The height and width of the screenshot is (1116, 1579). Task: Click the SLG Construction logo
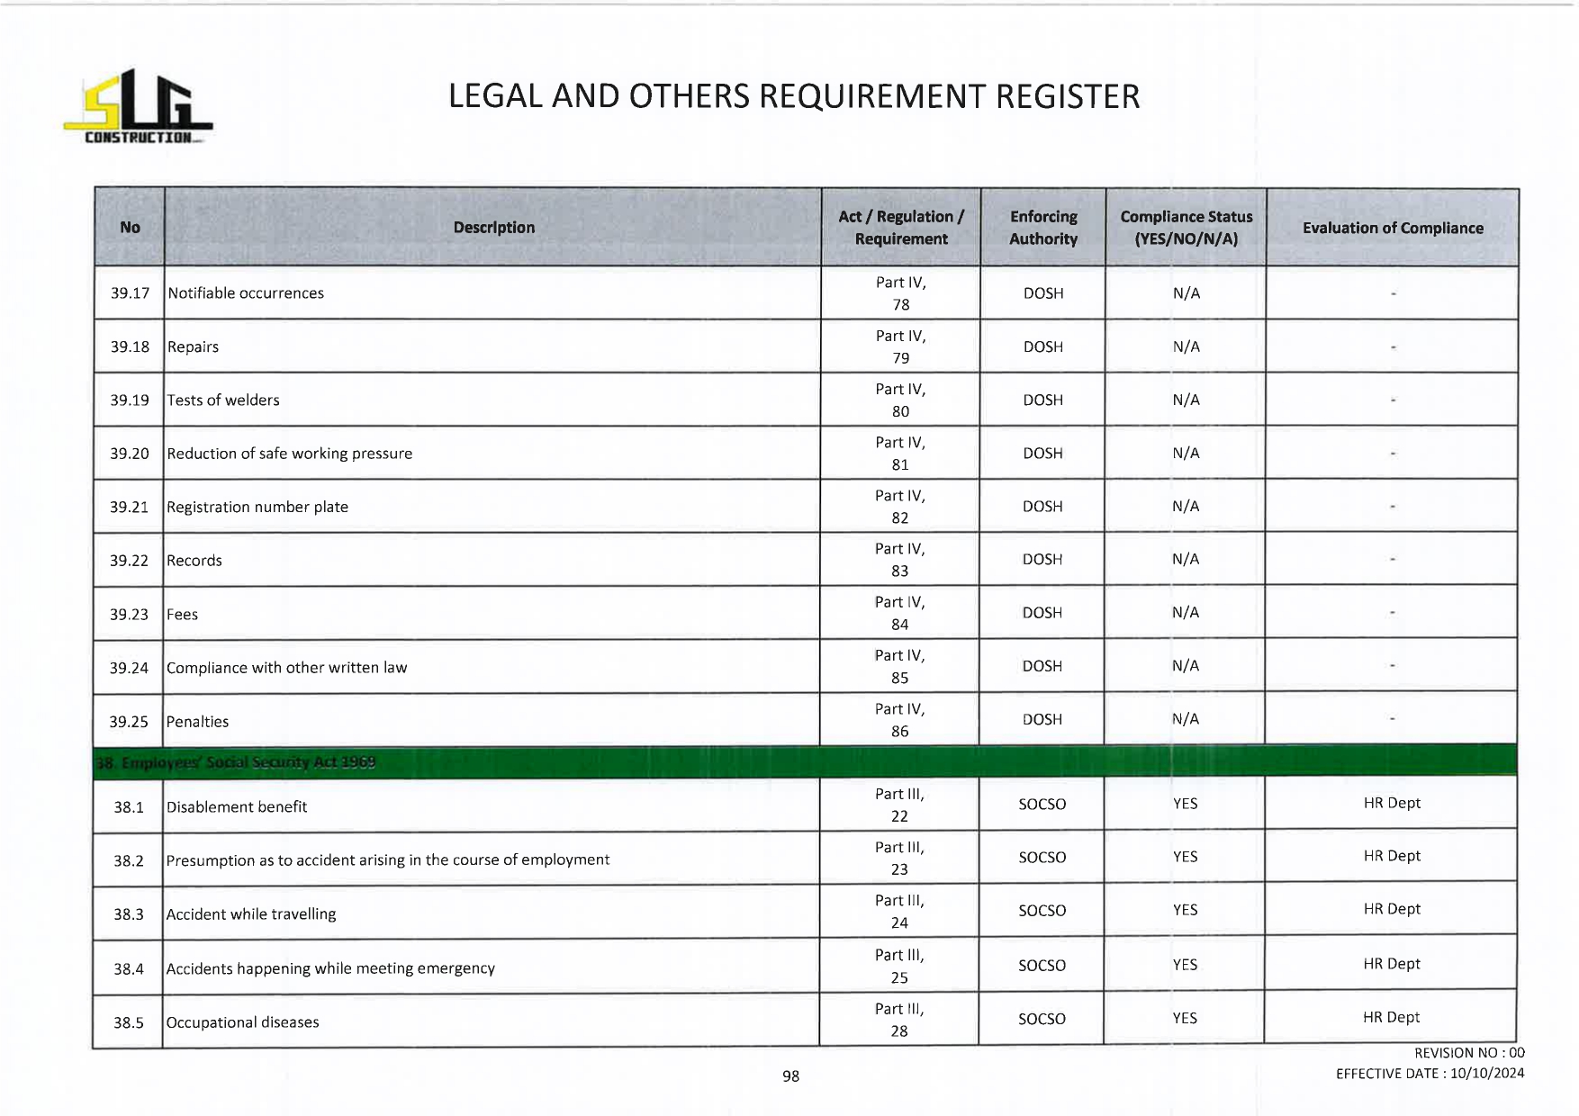138,107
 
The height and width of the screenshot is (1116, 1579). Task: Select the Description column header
493,228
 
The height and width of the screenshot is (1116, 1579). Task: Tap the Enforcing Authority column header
1042,228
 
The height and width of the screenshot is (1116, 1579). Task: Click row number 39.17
130,293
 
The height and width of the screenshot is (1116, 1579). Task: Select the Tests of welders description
223,400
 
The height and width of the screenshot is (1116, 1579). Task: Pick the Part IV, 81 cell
900,454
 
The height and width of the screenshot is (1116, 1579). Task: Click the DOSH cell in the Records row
1042,560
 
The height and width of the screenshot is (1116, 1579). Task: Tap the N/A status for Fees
1185,613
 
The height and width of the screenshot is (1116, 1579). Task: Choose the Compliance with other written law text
286,668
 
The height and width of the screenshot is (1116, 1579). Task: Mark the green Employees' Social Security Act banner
804,761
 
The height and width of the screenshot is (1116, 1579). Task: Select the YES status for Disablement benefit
1185,804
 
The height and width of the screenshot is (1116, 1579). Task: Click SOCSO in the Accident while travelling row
1042,911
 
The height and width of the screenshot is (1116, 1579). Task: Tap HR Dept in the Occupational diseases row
1391,1018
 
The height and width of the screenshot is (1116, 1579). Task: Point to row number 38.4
129,969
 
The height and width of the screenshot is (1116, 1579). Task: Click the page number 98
790,1076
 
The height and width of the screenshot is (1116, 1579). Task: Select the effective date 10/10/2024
1486,1074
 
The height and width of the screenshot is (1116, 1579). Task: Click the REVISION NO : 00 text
1468,1053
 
